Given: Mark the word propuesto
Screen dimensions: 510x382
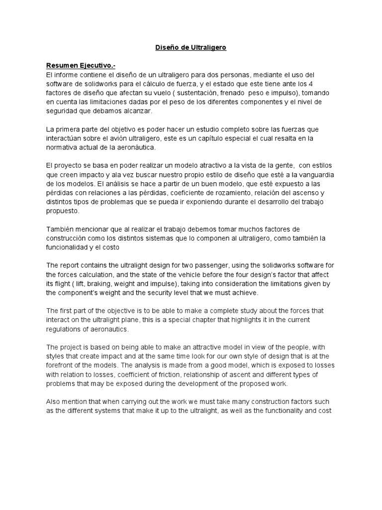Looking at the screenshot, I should (x=62, y=211).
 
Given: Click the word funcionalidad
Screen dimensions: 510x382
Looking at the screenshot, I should (x=72, y=248).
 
